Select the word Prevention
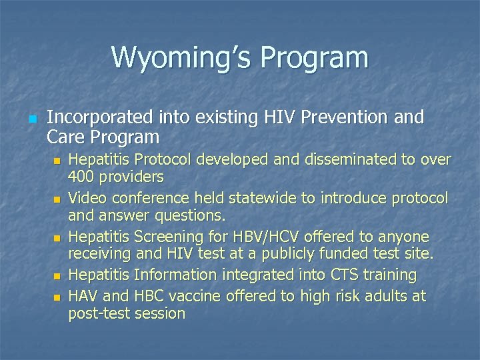coord(345,117)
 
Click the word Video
coord(85,198)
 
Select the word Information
coord(176,275)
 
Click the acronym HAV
coord(83,296)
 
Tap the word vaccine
coord(193,296)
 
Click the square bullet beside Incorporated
coord(32,119)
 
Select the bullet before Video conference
coord(57,199)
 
